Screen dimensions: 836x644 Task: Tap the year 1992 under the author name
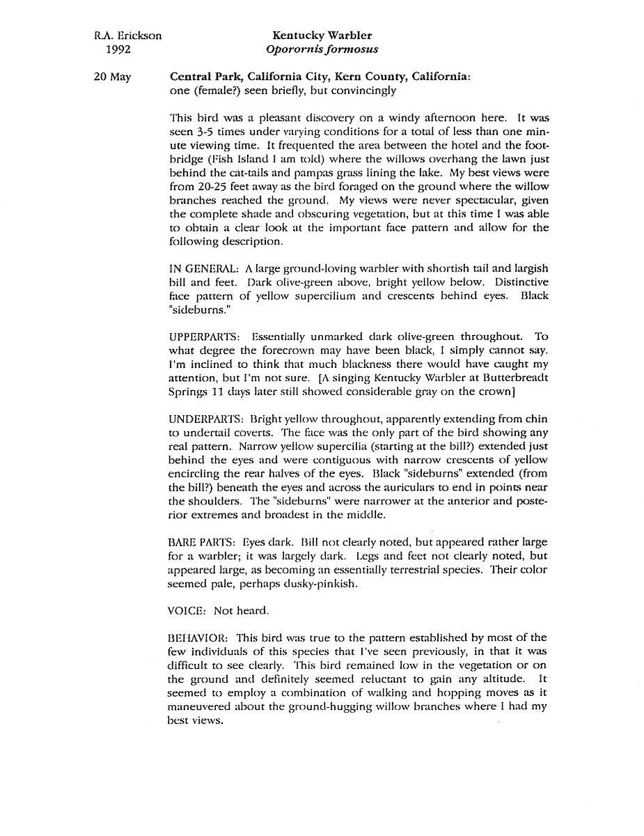pyautogui.click(x=118, y=49)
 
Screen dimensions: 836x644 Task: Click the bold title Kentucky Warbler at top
pyautogui.click(x=322, y=36)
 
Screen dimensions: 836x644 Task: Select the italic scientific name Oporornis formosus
pyautogui.click(x=322, y=49)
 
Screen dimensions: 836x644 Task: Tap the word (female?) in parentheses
pyautogui.click(x=214, y=91)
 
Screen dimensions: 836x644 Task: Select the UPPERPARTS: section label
pyautogui.click(x=207, y=336)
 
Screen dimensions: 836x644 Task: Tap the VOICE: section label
pyautogui.click(x=188, y=610)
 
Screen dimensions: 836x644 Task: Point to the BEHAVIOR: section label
pyautogui.click(x=199, y=637)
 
